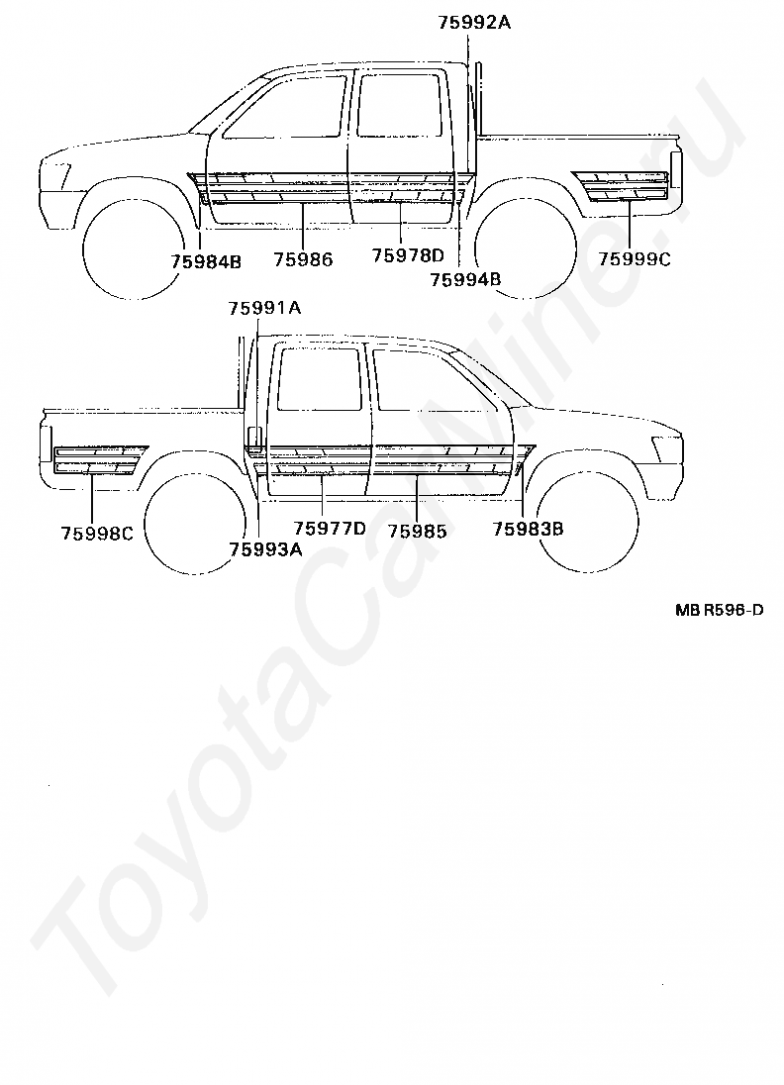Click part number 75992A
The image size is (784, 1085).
pos(474,21)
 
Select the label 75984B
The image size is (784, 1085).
pos(205,261)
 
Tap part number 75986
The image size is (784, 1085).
pos(303,260)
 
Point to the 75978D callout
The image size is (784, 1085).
pos(408,256)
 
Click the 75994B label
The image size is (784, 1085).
pos(465,279)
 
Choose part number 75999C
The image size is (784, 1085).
pos(635,259)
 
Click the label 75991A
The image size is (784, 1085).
pos(264,308)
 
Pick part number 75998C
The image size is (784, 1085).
pos(97,533)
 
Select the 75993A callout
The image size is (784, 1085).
pos(265,549)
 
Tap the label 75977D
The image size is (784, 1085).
pos(330,529)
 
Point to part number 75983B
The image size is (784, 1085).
pos(528,529)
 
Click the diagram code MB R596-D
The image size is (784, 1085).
pos(719,610)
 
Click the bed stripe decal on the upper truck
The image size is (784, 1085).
pos(625,184)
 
